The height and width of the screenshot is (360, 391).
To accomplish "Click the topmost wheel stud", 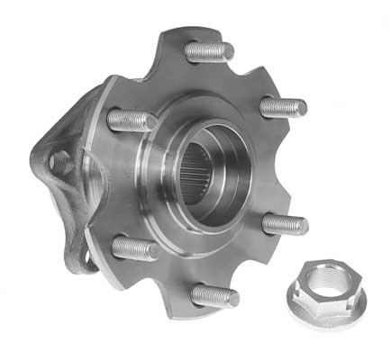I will click(x=209, y=51).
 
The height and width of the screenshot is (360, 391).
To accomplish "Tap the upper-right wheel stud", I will click(x=283, y=106).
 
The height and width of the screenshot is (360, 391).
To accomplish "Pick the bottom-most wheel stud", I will click(x=215, y=295).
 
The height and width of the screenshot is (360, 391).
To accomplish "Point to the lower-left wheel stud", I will click(x=135, y=247).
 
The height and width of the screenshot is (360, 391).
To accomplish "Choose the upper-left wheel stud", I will click(x=132, y=119).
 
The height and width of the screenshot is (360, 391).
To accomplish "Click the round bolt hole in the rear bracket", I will click(x=60, y=163).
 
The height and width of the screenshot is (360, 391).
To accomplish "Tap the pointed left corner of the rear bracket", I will click(x=36, y=162).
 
